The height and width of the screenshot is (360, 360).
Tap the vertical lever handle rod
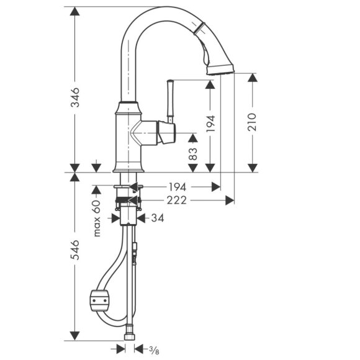(x=168, y=99)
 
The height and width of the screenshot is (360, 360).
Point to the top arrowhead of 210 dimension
(x=252, y=77)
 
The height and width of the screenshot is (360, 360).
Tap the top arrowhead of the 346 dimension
(x=74, y=12)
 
